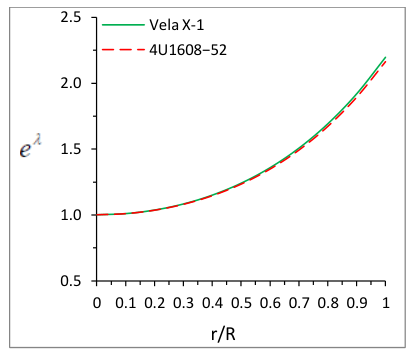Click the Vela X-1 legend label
point(177,25)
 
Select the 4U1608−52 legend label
point(188,50)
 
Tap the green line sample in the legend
point(123,25)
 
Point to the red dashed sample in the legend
point(123,50)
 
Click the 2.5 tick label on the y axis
point(71,17)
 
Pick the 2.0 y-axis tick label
point(71,83)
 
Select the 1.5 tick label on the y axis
point(71,149)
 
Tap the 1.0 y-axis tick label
point(71,215)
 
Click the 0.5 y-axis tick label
point(71,281)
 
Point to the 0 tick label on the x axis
point(97,303)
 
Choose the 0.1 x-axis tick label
point(126,303)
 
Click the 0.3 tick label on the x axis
point(183,303)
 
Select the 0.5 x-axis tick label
point(241,303)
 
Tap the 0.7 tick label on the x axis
point(299,303)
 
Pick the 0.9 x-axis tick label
point(357,303)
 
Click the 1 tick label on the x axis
point(386,303)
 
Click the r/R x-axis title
point(223,334)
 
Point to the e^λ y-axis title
point(30,147)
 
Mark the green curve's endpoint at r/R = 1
point(385,57)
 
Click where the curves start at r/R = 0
point(97,215)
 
